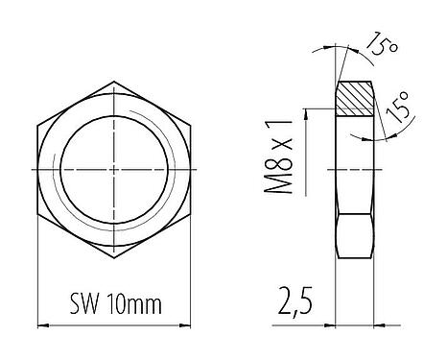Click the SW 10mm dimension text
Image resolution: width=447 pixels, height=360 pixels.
click(x=114, y=306)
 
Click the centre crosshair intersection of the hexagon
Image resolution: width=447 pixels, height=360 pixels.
click(x=113, y=169)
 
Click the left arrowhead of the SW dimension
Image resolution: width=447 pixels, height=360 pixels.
click(x=40, y=323)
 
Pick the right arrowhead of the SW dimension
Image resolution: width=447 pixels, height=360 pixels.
click(x=187, y=323)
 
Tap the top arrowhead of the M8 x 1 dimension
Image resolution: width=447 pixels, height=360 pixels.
click(x=305, y=112)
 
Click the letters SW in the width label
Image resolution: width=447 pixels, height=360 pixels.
click(x=82, y=306)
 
